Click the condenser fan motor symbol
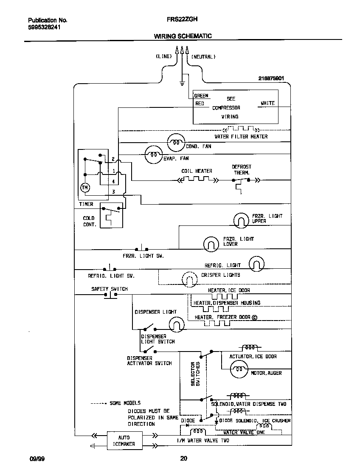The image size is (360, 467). pos(176,143)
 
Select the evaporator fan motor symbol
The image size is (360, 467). pos(154,155)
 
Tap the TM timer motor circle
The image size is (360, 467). pos(84,187)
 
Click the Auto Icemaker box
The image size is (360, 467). pos(124,441)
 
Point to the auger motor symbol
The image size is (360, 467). pos(239,370)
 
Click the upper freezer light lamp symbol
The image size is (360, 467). pos(241,219)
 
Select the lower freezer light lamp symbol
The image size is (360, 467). pos(211,243)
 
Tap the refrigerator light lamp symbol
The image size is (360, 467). pos(256,264)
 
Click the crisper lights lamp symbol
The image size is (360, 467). pos(190,279)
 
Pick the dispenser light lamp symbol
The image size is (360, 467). pos(177,325)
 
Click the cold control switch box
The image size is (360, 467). pos(111,215)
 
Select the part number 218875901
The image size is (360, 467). pos(271,79)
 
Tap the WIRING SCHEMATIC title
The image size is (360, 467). pos(183,36)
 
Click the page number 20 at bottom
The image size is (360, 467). pos(183,458)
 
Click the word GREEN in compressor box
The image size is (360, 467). pos(201,96)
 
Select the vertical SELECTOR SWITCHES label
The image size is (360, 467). pos(195,374)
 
